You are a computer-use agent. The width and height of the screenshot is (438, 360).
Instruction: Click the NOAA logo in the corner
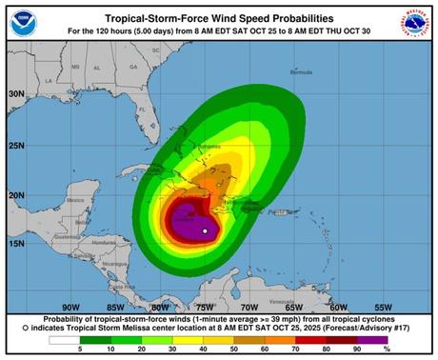[27, 24]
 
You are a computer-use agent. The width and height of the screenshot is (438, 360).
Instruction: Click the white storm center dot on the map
[206, 230]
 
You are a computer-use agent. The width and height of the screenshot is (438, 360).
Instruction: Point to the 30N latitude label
[15, 93]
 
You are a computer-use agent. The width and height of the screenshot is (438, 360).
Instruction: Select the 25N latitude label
[15, 145]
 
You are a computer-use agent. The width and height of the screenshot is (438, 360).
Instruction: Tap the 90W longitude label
[69, 307]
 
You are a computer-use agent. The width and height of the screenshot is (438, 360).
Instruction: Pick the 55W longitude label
[383, 307]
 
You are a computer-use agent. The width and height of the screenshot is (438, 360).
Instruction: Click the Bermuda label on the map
[301, 72]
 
